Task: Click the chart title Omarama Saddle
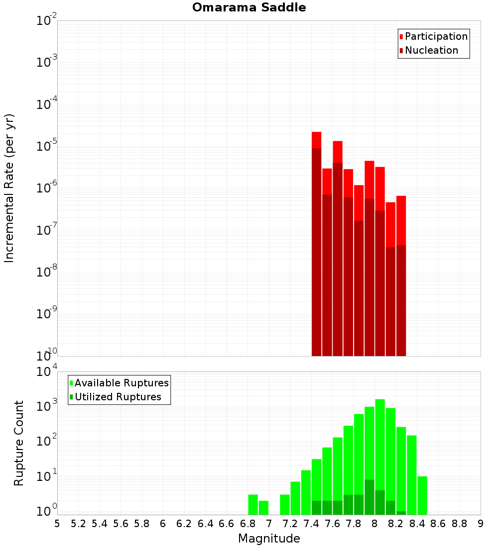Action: click(249, 7)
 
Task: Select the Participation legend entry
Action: click(436, 36)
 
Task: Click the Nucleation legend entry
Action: click(431, 50)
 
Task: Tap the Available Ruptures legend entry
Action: click(121, 383)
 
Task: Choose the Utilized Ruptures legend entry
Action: click(118, 397)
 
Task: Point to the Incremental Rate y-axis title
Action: click(9, 188)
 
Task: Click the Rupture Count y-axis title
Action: click(19, 443)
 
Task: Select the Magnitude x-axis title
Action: click(269, 539)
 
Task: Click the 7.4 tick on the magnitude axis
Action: click(311, 524)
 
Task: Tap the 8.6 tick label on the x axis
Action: click(438, 524)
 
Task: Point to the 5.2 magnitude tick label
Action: click(78, 524)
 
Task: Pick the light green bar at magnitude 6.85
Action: click(253, 504)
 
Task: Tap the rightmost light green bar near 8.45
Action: click(422, 495)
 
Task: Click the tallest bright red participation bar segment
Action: click(317, 140)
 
